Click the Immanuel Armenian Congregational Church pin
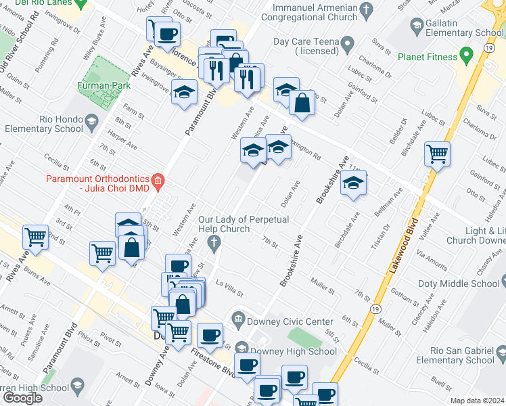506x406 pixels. pyautogui.click(x=367, y=9)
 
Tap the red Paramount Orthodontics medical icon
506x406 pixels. pyautogui.click(x=158, y=181)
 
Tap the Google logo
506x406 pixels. pyautogui.click(x=22, y=398)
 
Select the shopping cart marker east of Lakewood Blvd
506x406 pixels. pyautogui.click(x=438, y=153)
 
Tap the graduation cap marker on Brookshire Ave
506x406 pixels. pyautogui.click(x=352, y=183)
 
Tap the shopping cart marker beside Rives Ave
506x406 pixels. pyautogui.click(x=35, y=237)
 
